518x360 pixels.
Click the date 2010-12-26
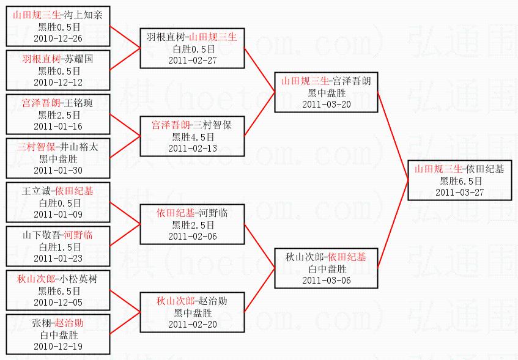[x=58, y=38]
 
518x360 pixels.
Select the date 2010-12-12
[x=58, y=82]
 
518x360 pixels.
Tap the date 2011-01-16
[x=58, y=126]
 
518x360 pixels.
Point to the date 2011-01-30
[x=58, y=170]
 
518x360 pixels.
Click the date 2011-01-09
[x=58, y=214]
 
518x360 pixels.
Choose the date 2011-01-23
[x=58, y=258]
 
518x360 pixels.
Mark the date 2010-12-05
[x=58, y=302]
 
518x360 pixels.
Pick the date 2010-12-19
[x=58, y=346]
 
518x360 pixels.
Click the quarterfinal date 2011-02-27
[x=193, y=60]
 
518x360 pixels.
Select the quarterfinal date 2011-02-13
[x=193, y=148]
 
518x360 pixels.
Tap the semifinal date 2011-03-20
[x=327, y=104]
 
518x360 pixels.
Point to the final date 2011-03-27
[x=460, y=192]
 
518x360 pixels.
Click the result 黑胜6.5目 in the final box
[x=460, y=181]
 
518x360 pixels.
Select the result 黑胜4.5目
[x=193, y=137]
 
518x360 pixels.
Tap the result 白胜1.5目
[x=58, y=247]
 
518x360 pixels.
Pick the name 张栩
[x=43, y=323]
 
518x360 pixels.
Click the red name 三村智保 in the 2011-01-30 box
[x=35, y=147]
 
